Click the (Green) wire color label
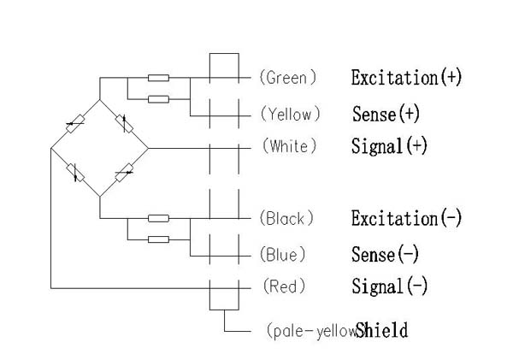(x=287, y=77)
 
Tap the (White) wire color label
(x=288, y=146)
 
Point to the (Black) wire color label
(x=287, y=218)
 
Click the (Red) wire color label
(x=282, y=286)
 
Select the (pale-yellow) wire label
(x=310, y=329)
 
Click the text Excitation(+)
(x=406, y=77)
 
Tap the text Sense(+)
(x=386, y=114)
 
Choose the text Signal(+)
(x=389, y=146)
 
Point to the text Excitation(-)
(x=406, y=218)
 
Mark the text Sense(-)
(x=386, y=254)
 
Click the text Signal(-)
(x=389, y=286)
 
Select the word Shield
(x=381, y=329)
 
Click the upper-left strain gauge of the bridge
(x=74, y=124)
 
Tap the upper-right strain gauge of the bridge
(x=124, y=124)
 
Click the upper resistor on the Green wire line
(x=158, y=78)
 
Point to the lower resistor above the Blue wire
(x=158, y=239)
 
